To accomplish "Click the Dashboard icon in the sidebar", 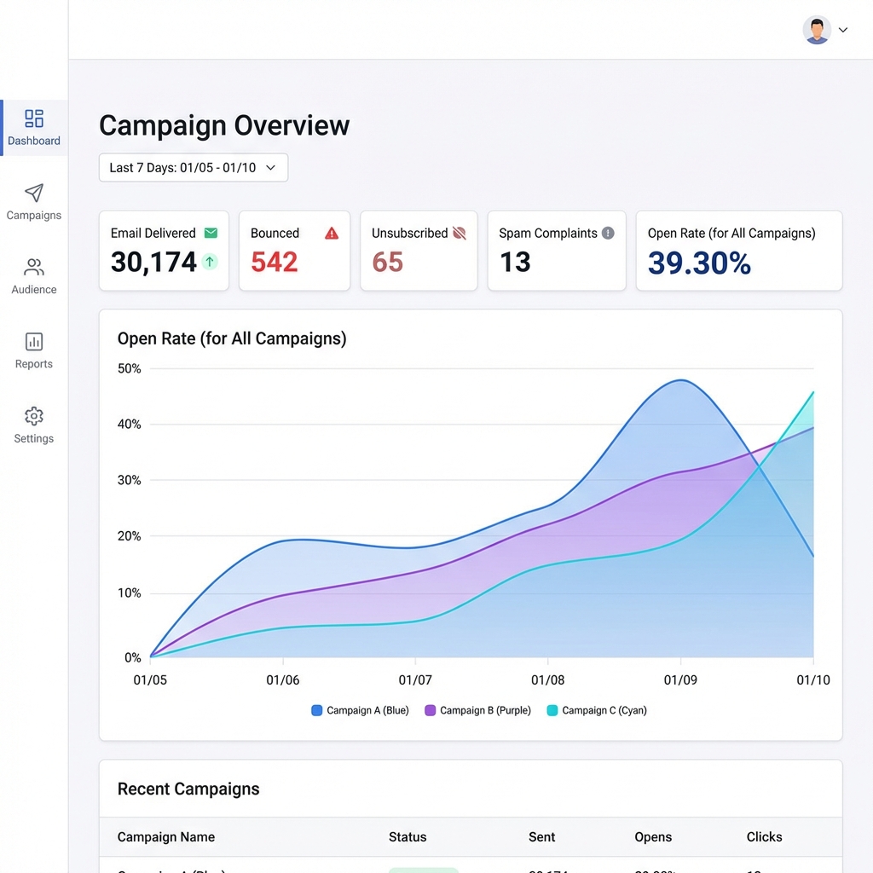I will (x=34, y=119).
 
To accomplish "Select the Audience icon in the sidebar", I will (x=34, y=268).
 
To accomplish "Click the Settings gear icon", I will (x=34, y=416).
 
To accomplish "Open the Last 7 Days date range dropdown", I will (x=194, y=168).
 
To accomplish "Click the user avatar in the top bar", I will (x=817, y=30).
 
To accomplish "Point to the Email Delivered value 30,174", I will (x=153, y=262).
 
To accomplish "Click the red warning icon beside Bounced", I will (x=332, y=233).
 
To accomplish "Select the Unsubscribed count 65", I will (x=388, y=262).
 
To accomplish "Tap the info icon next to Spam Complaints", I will (x=608, y=233).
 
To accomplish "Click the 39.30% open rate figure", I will (x=699, y=263).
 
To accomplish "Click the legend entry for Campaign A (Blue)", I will (x=361, y=710).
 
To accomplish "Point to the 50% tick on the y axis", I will (x=129, y=368).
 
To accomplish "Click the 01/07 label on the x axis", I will (x=415, y=679).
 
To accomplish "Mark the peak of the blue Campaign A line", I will (x=679, y=380).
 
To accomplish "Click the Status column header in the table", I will (x=408, y=837).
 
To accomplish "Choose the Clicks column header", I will (x=764, y=837).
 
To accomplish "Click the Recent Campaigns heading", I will (x=188, y=789).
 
